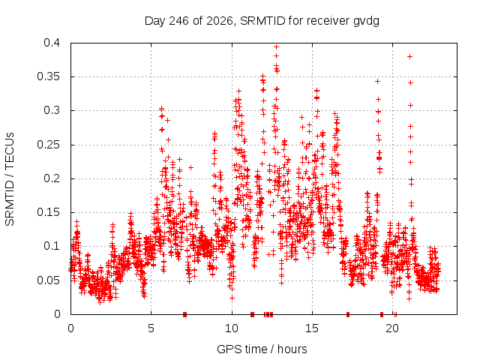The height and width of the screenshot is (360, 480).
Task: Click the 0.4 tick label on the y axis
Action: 52,43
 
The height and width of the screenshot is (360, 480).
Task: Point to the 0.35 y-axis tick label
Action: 48,76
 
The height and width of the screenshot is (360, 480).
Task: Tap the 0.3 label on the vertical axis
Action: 52,110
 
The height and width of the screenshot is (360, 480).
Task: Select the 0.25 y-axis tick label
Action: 48,145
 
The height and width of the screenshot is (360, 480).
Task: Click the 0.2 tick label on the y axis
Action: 52,178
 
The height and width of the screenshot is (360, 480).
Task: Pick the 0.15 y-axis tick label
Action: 48,212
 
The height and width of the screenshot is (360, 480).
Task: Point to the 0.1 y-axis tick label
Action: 52,246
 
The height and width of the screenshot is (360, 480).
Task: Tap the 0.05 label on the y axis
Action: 48,280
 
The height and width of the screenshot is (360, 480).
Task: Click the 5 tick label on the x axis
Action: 151,328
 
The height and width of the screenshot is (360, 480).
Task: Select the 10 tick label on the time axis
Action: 232,328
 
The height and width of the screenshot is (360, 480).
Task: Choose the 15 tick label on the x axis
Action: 312,328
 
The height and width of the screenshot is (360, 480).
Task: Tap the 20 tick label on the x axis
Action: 392,328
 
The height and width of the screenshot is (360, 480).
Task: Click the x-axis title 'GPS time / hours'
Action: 262,349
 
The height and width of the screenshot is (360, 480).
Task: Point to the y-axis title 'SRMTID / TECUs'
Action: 10,179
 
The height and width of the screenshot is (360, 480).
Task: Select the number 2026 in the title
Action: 220,21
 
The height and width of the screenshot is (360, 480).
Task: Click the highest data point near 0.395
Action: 276,46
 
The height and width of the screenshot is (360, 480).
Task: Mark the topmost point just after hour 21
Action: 410,57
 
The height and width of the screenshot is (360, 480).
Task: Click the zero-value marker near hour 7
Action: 185,314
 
